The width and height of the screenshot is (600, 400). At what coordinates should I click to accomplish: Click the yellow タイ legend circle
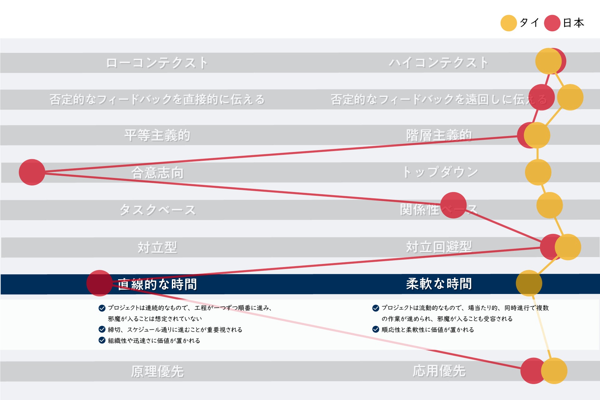(x=508, y=23)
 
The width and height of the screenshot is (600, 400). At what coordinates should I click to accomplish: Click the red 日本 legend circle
(x=552, y=23)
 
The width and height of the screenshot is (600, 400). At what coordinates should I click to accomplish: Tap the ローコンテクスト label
(x=157, y=63)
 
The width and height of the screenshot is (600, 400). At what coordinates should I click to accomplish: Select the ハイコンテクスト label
(x=438, y=63)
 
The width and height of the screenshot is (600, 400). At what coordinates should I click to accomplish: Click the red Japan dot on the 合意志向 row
(x=32, y=172)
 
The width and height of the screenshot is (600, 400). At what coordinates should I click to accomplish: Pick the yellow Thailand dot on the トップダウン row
(x=538, y=172)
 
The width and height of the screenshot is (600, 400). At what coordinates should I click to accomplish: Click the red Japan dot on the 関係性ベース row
(x=453, y=205)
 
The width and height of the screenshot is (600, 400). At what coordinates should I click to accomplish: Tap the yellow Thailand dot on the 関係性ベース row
(x=549, y=205)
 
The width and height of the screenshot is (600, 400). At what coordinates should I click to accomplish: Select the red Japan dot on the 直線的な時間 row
(x=99, y=283)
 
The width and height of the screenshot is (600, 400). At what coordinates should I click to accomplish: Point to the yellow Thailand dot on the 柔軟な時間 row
(x=529, y=283)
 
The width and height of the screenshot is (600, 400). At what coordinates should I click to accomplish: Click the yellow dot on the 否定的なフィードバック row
(x=570, y=97)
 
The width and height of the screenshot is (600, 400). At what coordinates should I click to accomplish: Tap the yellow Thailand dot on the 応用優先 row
(x=554, y=371)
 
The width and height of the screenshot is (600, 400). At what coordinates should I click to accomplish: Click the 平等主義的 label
(x=157, y=135)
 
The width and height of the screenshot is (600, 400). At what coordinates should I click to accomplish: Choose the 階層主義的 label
(x=438, y=135)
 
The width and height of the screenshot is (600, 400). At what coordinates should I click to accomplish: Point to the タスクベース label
(x=157, y=210)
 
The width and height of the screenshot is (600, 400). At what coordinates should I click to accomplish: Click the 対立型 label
(x=157, y=247)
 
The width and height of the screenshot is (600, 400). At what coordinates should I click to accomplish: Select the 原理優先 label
(x=157, y=372)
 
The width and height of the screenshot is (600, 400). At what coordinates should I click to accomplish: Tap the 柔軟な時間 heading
(x=439, y=284)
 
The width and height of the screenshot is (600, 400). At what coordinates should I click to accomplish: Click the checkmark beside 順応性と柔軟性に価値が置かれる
(x=376, y=329)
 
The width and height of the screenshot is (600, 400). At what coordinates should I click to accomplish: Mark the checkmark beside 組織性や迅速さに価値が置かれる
(x=102, y=340)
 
